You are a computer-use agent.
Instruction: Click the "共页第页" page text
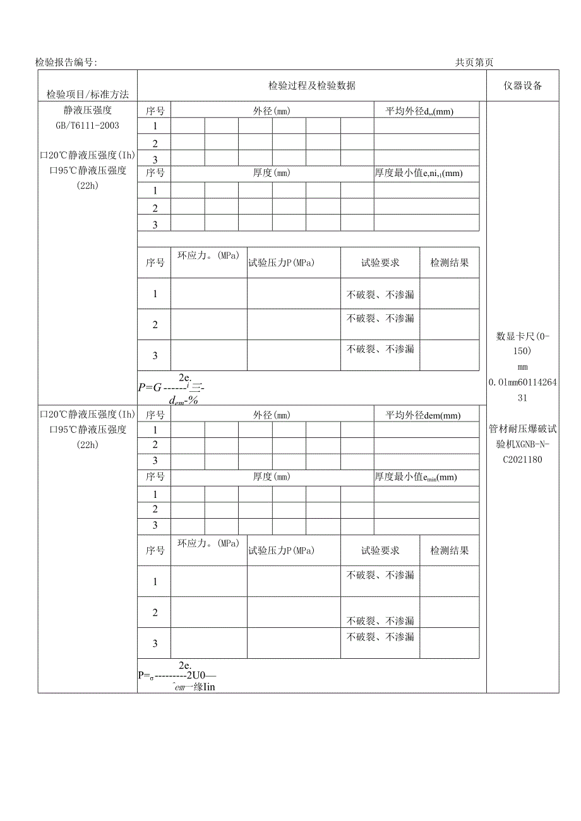click(x=474, y=62)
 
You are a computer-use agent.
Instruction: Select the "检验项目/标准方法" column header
click(x=88, y=95)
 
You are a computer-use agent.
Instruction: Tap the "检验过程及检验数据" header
click(x=311, y=86)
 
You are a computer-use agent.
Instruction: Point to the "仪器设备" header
click(x=522, y=86)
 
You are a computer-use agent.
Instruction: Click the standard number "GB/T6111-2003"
click(x=87, y=126)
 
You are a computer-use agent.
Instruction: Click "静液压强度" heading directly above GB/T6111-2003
click(x=87, y=111)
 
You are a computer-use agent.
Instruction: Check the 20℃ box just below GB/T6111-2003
click(x=44, y=156)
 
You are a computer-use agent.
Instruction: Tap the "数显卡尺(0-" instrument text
click(x=523, y=336)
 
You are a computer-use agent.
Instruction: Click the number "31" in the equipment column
click(x=522, y=398)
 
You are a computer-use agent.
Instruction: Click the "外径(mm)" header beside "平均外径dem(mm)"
click(x=272, y=415)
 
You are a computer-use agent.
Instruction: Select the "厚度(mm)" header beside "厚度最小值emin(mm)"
click(x=272, y=477)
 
